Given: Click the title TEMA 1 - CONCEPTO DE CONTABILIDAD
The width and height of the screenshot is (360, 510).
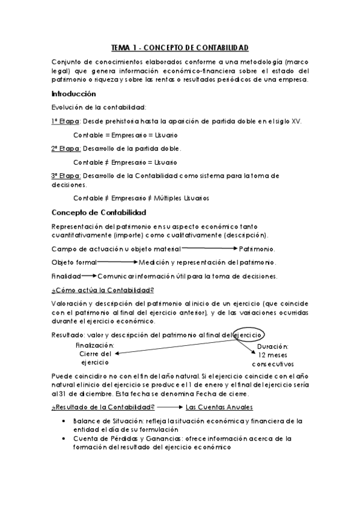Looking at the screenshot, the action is (x=180, y=47).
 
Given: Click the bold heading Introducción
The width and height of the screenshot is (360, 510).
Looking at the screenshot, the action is (x=73, y=94).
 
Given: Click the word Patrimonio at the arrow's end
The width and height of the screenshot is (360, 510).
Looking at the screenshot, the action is (x=257, y=249).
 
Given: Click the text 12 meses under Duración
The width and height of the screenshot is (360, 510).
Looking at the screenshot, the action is (x=273, y=355).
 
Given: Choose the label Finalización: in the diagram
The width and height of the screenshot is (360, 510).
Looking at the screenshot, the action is (x=95, y=345).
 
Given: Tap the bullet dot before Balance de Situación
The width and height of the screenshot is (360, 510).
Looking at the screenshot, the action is (x=64, y=421).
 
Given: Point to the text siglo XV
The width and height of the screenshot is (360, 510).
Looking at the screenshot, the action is (x=289, y=121).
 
